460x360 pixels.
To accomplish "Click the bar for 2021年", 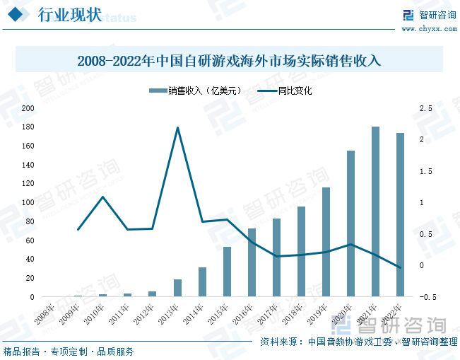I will point(376,211).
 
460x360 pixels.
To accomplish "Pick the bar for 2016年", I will point(252,262).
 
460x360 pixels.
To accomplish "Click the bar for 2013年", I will point(178,288).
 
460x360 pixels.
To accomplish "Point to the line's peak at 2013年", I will point(177,127).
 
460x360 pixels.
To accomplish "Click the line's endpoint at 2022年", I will point(401,268).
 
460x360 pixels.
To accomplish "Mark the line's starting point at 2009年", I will point(78,229).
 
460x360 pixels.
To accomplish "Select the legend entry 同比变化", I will point(285,91).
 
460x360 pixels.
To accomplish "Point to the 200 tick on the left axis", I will point(28,108).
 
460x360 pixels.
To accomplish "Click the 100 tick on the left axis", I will point(28,203).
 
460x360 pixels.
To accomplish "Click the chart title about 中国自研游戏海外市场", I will point(230,60).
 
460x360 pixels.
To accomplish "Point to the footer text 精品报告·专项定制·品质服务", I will point(69,351).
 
